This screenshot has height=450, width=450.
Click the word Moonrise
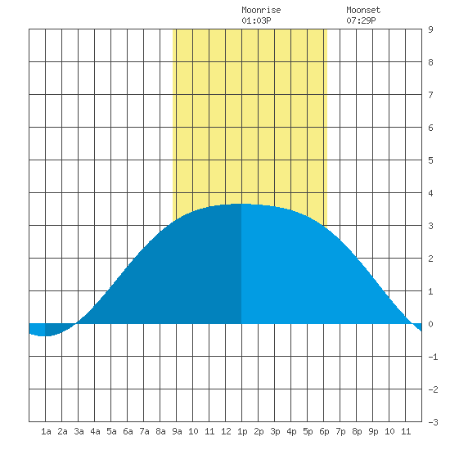pos(261,10)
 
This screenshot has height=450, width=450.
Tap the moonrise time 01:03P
pos(256,20)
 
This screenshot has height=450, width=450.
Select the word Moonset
pos(363,10)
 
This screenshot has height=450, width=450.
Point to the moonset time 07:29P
pos(361,20)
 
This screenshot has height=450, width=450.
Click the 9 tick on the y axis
pos(430,29)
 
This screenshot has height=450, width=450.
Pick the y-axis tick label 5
pos(430,160)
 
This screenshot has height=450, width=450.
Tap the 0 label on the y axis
pos(430,324)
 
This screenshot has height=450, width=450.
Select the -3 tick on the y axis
pos(434,422)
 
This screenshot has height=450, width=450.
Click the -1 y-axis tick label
pos(434,357)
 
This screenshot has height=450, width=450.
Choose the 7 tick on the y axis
pos(430,95)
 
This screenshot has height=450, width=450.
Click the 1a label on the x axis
pos(46,431)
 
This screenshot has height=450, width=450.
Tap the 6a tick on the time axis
pos(128,431)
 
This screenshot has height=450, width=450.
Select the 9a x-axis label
pos(177,431)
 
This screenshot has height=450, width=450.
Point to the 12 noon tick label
pos(226,431)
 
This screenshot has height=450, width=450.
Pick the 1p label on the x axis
pos(242,431)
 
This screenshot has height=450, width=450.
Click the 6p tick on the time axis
pos(324,431)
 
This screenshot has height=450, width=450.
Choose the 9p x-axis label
pos(373,431)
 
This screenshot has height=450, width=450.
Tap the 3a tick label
pos(79,431)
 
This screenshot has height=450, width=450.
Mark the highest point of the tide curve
pos(241,204)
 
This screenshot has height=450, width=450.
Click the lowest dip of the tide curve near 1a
pos(44,335)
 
